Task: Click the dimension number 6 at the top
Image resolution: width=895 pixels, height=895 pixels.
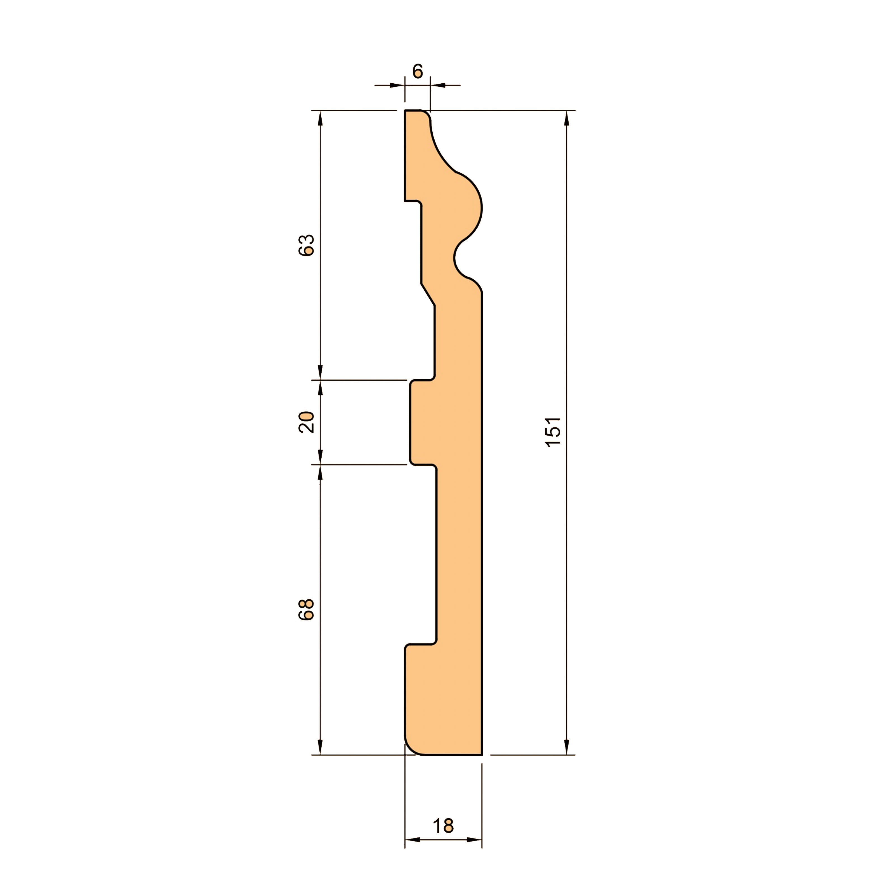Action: tap(417, 71)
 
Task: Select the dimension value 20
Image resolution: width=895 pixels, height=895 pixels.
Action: tap(307, 422)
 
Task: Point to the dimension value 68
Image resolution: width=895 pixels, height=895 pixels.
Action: tap(307, 610)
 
